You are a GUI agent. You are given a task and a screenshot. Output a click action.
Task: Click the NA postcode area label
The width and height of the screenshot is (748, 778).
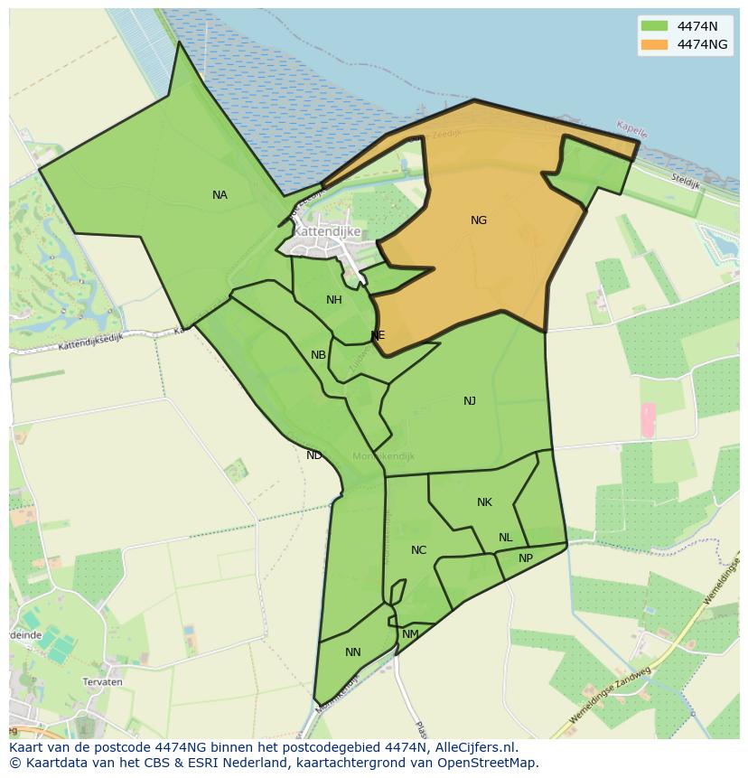[220, 195]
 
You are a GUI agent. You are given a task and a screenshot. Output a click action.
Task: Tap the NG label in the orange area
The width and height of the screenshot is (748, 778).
[479, 220]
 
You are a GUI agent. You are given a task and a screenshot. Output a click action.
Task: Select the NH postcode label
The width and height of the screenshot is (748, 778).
[334, 300]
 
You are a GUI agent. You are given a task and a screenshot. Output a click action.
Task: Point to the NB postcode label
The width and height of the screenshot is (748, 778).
[318, 355]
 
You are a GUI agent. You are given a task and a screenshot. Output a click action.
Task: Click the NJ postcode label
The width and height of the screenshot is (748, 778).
[470, 401]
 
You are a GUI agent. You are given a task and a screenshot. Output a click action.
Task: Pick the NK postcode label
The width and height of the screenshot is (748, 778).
[484, 502]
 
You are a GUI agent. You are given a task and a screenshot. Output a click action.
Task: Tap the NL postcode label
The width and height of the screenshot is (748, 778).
[505, 538]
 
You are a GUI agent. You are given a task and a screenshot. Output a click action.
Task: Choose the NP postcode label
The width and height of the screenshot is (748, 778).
[526, 558]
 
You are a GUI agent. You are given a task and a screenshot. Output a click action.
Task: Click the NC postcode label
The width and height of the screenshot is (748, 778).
[418, 550]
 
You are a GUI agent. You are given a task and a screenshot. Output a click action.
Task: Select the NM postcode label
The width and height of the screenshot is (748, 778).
[410, 634]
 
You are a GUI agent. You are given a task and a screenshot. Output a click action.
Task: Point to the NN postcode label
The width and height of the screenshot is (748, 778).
[352, 652]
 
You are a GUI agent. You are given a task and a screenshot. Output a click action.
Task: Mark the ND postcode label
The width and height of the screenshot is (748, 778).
[313, 455]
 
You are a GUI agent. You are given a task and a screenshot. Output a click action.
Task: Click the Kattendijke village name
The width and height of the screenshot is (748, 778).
[327, 231]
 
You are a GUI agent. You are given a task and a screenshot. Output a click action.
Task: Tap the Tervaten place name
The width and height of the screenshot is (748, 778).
[102, 682]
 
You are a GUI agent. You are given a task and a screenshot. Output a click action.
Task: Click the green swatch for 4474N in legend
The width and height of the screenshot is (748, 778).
[654, 25]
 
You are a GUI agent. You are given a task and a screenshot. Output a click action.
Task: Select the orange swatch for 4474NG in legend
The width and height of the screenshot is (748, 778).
[654, 43]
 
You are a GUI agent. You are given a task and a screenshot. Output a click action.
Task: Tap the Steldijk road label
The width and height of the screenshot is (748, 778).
[686, 182]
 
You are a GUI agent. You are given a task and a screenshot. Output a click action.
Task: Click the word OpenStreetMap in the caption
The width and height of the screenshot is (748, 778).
[486, 763]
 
